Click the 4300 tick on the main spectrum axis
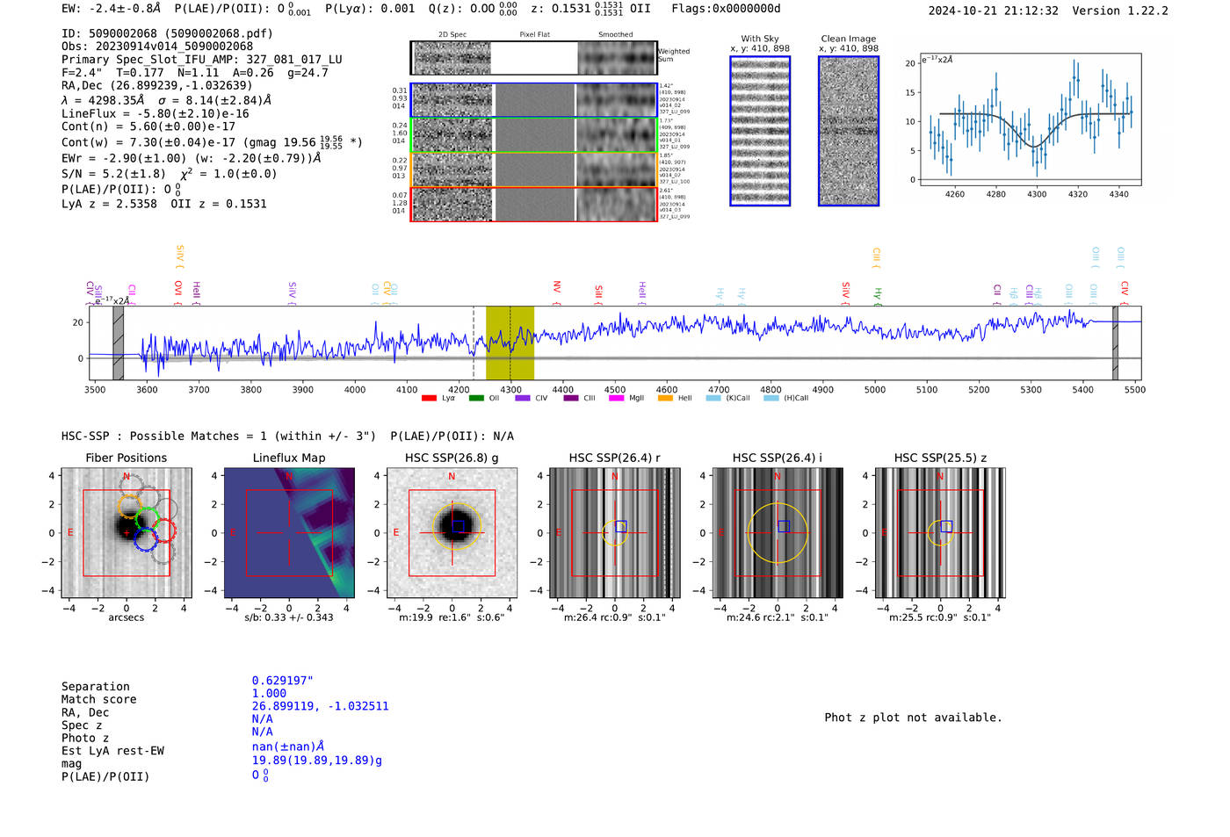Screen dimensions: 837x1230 pyautogui.click(x=510, y=389)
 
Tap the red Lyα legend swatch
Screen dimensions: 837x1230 pyautogui.click(x=429, y=399)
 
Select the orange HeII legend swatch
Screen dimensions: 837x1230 pyautogui.click(x=665, y=399)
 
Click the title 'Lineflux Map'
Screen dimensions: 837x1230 pyautogui.click(x=289, y=458)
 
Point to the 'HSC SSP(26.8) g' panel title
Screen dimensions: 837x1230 pyautogui.click(x=452, y=458)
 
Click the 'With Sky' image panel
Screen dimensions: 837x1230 pyautogui.click(x=760, y=131)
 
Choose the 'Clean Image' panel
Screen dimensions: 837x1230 pyautogui.click(x=849, y=131)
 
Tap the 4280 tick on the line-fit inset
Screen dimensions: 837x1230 pyautogui.click(x=995, y=194)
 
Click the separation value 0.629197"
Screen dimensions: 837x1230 pyautogui.click(x=282, y=681)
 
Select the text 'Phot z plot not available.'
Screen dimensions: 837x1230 pyautogui.click(x=913, y=718)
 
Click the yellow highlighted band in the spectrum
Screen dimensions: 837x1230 pyautogui.click(x=510, y=343)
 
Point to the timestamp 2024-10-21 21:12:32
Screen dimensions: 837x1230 pyautogui.click(x=993, y=11)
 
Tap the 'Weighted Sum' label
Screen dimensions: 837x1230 pyautogui.click(x=674, y=55)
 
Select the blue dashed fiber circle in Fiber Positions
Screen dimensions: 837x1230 pyautogui.click(x=146, y=539)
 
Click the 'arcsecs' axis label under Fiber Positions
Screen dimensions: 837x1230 pyautogui.click(x=127, y=617)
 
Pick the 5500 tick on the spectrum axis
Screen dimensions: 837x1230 pyautogui.click(x=1135, y=389)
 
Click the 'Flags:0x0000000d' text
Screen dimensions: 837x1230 pyautogui.click(x=726, y=9)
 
